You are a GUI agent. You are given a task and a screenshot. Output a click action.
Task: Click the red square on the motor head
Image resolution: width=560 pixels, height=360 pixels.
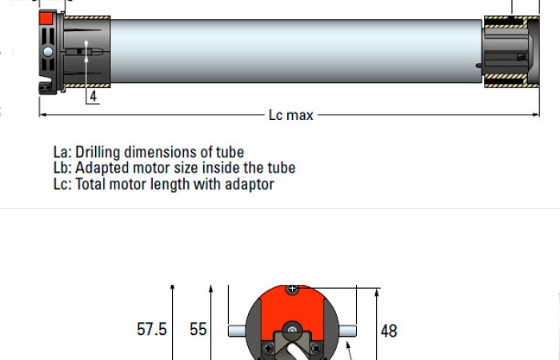46,17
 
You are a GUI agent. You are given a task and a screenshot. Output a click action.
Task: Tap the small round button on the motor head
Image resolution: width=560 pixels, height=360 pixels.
48,52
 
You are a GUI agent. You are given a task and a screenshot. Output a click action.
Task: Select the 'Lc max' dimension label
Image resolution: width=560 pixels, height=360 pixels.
290,115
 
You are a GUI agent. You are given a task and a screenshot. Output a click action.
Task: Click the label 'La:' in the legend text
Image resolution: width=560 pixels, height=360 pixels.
62,152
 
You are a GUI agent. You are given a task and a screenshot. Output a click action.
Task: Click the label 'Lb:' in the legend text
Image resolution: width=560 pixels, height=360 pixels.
62,168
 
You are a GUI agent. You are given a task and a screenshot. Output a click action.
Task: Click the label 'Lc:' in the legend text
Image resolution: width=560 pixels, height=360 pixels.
62,184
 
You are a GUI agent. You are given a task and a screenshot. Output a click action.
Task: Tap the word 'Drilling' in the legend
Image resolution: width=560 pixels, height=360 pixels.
100,152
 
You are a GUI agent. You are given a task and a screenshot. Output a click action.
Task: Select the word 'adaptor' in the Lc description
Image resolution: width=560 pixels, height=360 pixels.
249,185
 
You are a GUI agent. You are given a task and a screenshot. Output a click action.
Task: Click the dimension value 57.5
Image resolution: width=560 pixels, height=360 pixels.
152,330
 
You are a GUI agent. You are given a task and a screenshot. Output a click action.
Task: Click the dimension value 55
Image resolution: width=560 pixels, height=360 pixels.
198,330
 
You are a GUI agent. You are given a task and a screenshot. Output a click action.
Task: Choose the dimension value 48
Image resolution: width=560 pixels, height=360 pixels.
389,330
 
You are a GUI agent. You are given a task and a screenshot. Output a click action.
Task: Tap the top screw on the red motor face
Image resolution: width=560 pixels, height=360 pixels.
293,288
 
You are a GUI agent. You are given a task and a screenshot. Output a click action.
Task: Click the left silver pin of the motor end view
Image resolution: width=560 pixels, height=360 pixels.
238,330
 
